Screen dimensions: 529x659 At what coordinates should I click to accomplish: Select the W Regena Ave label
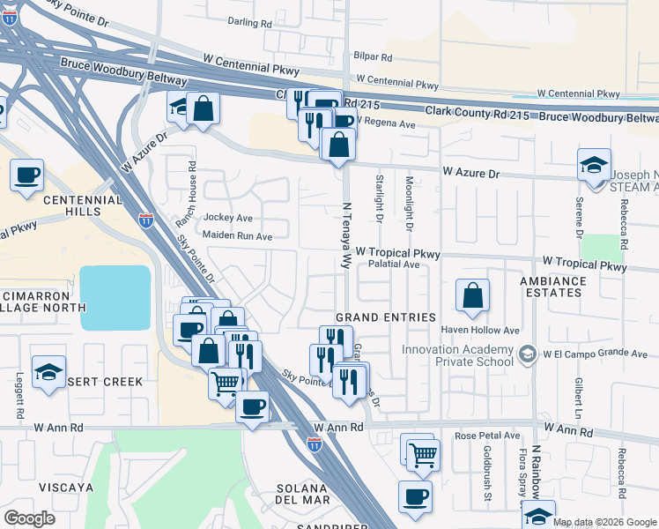click(x=385, y=124)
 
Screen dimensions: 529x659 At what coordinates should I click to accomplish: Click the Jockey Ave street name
click(x=227, y=218)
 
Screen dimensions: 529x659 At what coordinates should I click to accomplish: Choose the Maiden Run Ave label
click(x=237, y=236)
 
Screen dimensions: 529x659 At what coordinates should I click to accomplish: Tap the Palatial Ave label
click(x=394, y=264)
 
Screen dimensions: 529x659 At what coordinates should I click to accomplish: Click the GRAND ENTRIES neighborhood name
click(x=386, y=317)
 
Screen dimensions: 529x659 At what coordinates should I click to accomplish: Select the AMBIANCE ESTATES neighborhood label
click(x=553, y=288)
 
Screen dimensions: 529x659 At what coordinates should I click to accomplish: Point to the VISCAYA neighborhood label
click(x=60, y=487)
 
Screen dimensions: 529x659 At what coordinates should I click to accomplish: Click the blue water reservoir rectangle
click(x=115, y=298)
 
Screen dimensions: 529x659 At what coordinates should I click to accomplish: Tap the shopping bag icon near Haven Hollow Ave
click(x=473, y=296)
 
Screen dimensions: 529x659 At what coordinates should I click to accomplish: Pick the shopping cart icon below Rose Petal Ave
click(x=423, y=453)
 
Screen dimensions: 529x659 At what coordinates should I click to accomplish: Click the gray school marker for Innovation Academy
click(x=527, y=354)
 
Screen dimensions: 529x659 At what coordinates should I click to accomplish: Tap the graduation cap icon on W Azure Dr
click(x=595, y=165)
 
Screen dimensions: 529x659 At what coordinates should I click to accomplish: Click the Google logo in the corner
click(x=29, y=518)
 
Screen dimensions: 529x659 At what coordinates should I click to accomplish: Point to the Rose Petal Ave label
click(x=487, y=436)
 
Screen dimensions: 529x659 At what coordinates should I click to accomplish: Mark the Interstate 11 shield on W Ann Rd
click(x=315, y=445)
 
